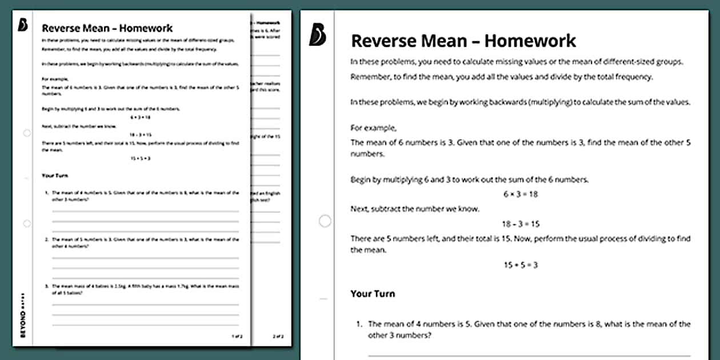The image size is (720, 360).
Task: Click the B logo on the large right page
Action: pyautogui.click(x=317, y=35)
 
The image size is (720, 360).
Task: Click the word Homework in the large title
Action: pyautogui.click(x=531, y=41)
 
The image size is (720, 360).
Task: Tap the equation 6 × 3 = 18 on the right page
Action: pyautogui.click(x=521, y=194)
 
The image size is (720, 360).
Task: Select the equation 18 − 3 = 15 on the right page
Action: pyautogui.click(x=521, y=224)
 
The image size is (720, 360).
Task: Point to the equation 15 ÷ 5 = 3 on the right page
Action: pyautogui.click(x=521, y=265)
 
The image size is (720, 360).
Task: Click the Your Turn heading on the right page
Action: pyautogui.click(x=373, y=294)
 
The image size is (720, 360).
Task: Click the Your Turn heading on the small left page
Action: pyautogui.click(x=55, y=175)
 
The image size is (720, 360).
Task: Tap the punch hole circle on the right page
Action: pyautogui.click(x=325, y=221)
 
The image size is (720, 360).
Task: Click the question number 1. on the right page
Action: pyautogui.click(x=359, y=324)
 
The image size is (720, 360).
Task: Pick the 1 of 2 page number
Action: pyautogui.click(x=237, y=337)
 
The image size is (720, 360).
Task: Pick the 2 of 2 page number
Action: pyautogui.click(x=278, y=337)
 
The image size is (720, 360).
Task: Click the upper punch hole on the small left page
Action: pyautogui.click(x=27, y=133)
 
